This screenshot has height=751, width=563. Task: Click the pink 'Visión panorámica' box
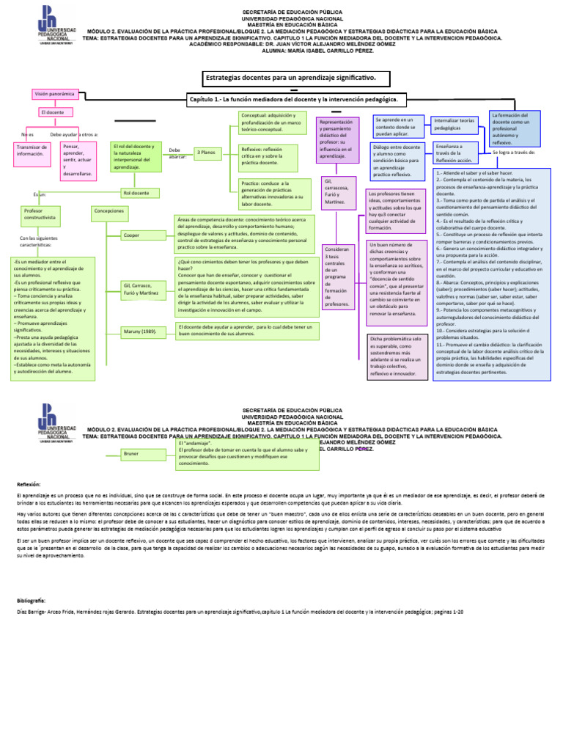(54, 94)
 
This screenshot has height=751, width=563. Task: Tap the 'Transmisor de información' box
(32, 150)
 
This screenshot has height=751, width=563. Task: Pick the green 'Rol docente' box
(136, 192)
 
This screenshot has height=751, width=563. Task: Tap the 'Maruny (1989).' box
(141, 331)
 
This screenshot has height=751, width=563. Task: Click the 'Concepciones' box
(109, 210)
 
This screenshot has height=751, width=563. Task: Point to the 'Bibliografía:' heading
(32, 600)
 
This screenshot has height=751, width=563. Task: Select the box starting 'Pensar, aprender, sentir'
(78, 160)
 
